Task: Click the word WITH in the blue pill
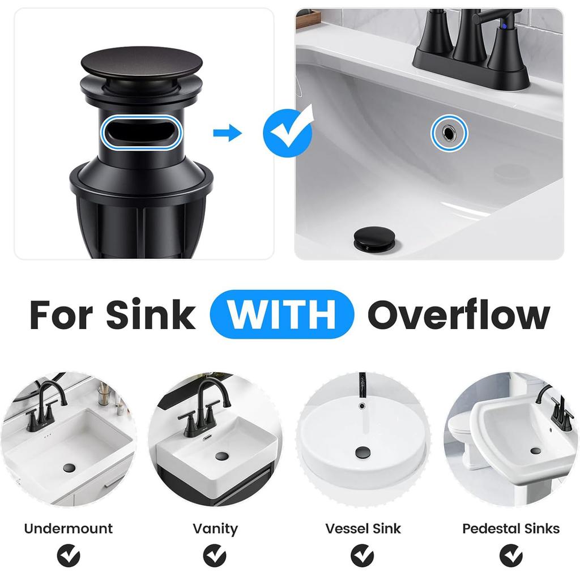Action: coord(282,315)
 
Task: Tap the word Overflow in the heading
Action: coord(459,315)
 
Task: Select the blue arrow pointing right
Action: coord(227,133)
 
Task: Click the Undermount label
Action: coord(68,528)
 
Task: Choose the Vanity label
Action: coord(215,528)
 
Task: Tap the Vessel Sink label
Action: coord(362,528)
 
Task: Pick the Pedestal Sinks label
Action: coord(510,528)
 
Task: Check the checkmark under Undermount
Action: coord(68,555)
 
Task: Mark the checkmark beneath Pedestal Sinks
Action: coord(511,555)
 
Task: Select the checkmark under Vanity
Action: coord(215,555)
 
